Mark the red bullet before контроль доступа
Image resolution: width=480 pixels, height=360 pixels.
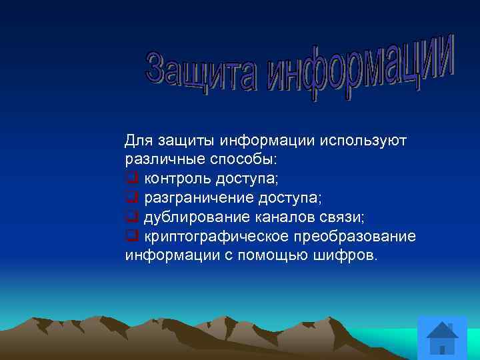point(131,179)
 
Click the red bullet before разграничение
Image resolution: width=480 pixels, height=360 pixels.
point(131,198)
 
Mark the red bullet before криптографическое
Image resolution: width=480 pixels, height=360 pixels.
point(131,237)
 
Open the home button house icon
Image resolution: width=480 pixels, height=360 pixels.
point(442,338)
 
